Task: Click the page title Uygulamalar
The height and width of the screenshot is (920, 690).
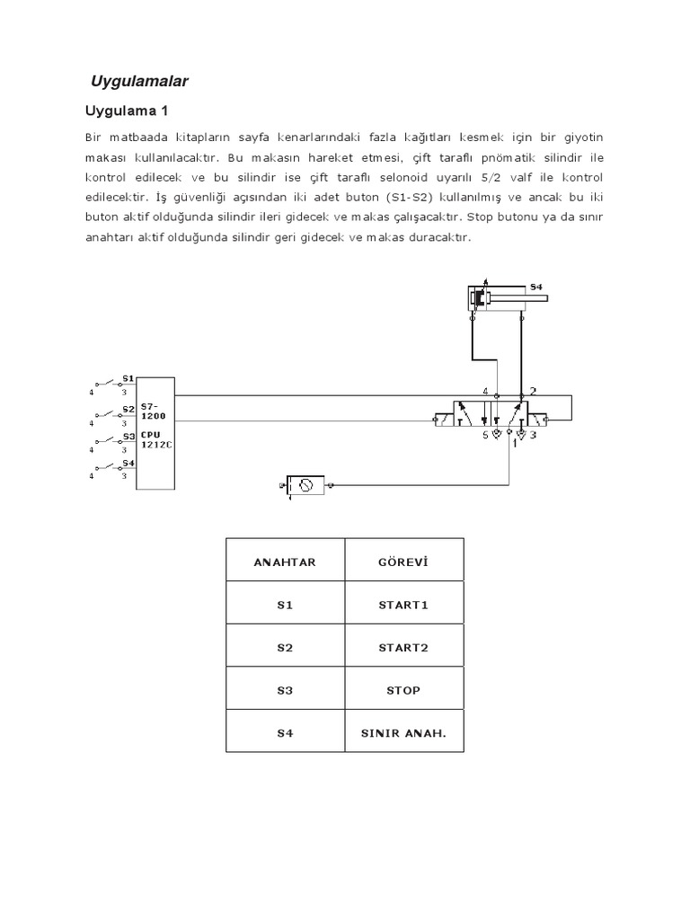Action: click(140, 82)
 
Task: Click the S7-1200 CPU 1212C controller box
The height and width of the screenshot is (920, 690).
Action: click(155, 433)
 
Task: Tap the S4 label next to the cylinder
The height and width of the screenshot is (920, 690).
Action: click(536, 287)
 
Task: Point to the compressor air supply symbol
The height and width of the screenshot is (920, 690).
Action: click(307, 485)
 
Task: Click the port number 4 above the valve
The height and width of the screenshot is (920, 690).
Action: click(485, 392)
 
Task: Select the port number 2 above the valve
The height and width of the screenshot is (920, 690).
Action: click(533, 391)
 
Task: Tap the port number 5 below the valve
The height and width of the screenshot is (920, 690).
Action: click(486, 436)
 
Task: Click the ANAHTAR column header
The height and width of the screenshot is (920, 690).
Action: click(285, 562)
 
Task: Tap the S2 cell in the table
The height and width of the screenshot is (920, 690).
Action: click(285, 647)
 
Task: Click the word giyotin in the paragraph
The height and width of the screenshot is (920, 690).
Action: click(583, 137)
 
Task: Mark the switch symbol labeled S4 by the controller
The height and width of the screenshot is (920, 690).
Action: click(112, 467)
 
